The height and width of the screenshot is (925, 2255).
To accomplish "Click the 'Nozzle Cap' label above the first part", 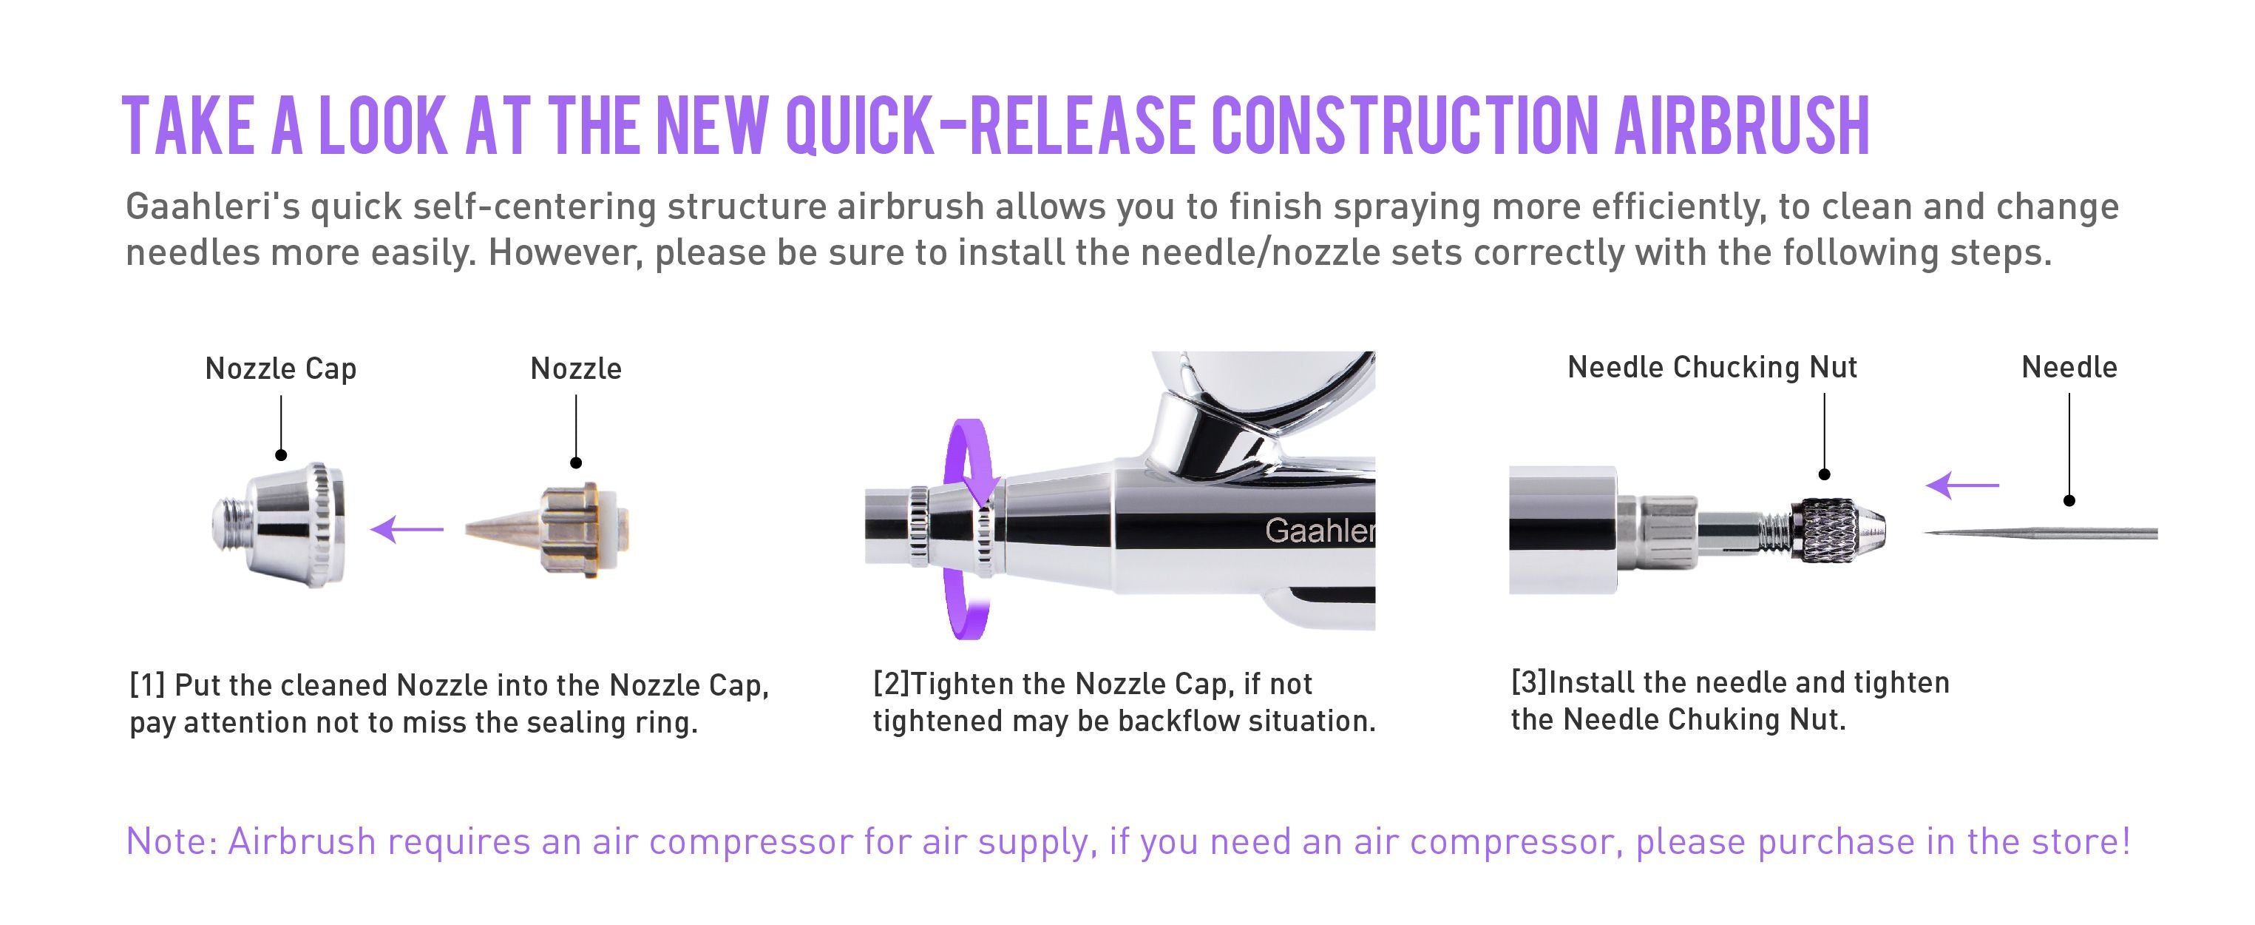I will tap(280, 369).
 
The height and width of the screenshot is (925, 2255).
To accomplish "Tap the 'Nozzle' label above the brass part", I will tap(576, 369).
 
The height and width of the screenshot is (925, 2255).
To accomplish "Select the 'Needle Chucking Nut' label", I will tap(1712, 367).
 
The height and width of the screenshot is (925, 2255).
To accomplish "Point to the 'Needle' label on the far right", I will tap(2069, 367).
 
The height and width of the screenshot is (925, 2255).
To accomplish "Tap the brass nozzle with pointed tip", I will tap(552, 529).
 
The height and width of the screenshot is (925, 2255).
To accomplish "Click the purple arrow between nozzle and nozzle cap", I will tap(407, 529).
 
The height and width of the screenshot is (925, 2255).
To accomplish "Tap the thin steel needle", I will tap(2040, 533).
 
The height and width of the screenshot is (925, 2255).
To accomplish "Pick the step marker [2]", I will tap(891, 683).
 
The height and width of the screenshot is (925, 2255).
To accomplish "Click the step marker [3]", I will tap(1528, 682).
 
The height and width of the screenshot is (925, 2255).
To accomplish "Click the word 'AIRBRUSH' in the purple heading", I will tap(1741, 127).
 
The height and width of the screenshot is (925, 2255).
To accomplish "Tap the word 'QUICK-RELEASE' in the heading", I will tap(989, 127).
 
